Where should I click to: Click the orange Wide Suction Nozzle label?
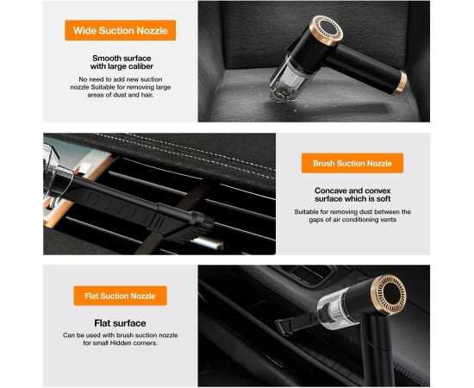point(120,30)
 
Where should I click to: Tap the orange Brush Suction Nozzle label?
point(352,163)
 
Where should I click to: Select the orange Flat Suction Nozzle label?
point(120,296)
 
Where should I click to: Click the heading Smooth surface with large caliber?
point(120,64)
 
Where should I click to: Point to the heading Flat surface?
point(120,323)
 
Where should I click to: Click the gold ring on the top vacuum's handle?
point(401,82)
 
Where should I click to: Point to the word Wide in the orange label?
point(85,30)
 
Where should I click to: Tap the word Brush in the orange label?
point(324,163)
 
